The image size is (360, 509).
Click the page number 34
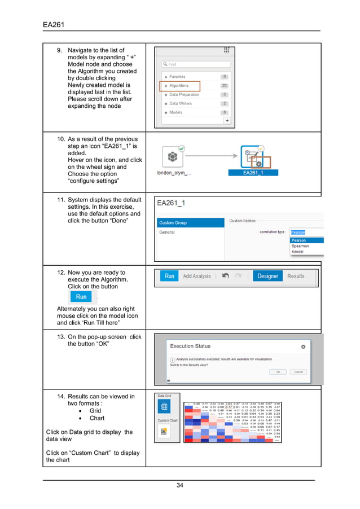179,486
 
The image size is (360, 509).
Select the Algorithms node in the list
179,86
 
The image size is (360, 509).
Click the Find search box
195,64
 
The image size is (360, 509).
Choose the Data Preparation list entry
184,95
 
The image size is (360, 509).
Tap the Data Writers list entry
180,104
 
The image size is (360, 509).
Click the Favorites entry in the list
177,77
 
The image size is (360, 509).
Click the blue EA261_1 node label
252,173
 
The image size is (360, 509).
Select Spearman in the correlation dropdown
300,246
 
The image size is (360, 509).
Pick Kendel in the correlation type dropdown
298,252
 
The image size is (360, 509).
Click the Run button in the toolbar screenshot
169,277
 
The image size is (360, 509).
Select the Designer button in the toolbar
267,277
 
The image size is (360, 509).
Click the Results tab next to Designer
296,277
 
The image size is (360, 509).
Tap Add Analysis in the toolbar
197,277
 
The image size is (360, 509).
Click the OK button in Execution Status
278,372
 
